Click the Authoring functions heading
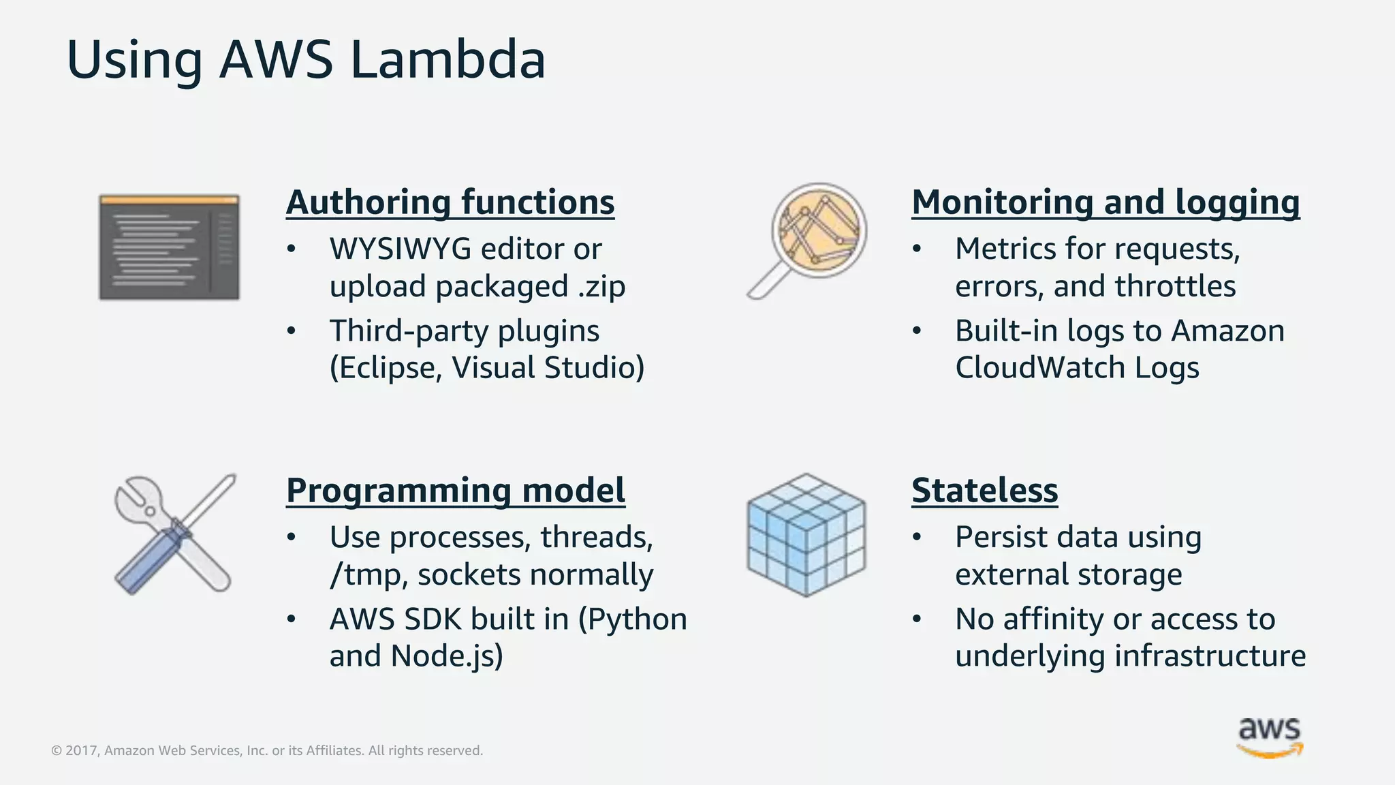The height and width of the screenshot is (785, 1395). pos(450,202)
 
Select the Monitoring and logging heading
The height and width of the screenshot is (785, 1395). pos(1105,202)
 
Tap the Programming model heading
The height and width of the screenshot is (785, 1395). pos(455,491)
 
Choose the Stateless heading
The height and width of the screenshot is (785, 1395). pos(984,491)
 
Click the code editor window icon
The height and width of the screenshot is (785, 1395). pos(169,247)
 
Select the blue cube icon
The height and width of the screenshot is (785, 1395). pos(806,535)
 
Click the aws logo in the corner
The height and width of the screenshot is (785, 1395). pos(1269,736)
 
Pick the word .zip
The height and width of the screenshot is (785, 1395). pos(601,287)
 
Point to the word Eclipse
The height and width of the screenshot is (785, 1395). pos(386,369)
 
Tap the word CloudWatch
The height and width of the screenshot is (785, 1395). pos(1039,369)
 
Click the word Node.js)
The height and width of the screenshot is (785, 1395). pos(446,657)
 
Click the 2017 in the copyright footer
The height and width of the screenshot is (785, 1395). pos(81,751)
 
